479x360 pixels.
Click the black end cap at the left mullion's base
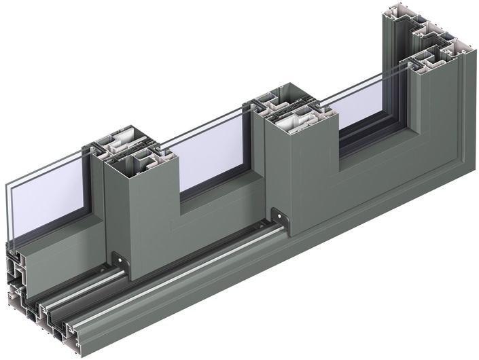(121, 261)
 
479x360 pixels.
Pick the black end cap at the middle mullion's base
(279, 215)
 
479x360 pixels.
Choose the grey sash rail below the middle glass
(217, 204)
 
